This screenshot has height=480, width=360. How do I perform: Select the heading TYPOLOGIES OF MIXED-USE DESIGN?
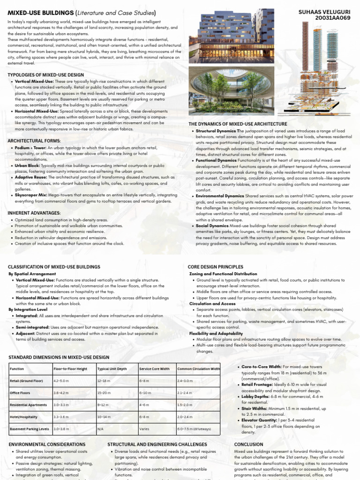click(46, 75)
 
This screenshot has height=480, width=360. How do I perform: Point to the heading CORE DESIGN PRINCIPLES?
click(216, 267)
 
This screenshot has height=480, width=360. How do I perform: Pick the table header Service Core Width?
click(154, 369)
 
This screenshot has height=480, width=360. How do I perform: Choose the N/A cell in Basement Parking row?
click(100, 428)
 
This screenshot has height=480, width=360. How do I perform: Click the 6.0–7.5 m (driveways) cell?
click(194, 428)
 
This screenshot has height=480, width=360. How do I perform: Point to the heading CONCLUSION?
click(248, 444)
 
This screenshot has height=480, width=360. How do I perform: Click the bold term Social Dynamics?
click(212, 225)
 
